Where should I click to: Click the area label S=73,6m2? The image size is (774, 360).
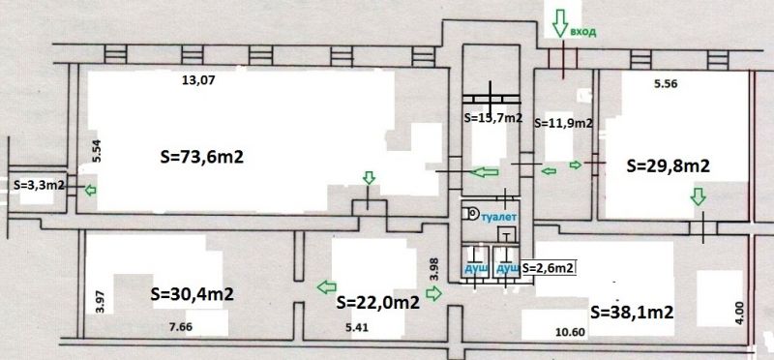202,158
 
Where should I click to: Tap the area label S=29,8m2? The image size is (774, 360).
668,165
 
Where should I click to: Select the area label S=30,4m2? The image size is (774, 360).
191,294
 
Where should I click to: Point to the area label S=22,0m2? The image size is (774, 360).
377,302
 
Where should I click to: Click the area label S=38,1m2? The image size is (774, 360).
633,313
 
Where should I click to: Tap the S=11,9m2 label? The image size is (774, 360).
563,124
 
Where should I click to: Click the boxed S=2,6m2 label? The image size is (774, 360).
549,268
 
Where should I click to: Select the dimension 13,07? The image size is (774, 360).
199,79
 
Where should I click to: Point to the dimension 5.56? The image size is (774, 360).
666,83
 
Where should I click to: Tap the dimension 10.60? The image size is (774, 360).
572,332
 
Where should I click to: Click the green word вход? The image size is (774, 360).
583,32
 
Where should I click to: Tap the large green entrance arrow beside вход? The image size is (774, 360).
559,22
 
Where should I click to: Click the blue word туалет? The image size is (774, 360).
499,217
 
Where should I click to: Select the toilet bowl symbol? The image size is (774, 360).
471,213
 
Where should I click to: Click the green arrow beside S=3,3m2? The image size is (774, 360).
90,190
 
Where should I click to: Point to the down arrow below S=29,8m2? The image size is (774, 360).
698,196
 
